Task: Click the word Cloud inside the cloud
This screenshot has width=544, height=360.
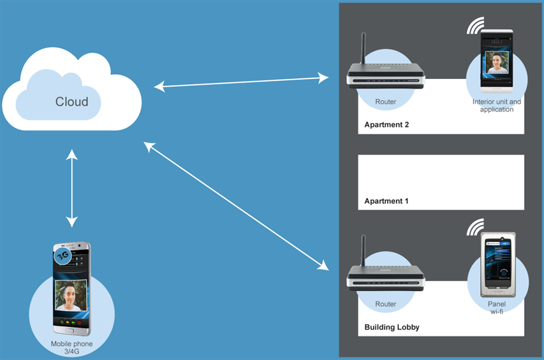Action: [71, 101]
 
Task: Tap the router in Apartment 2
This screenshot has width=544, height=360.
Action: [386, 77]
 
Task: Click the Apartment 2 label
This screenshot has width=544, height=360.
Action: [386, 125]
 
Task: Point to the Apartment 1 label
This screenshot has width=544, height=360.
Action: [386, 201]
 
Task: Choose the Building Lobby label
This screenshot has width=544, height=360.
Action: [392, 328]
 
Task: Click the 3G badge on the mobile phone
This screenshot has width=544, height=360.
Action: [62, 256]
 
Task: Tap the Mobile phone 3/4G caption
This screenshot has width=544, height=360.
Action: [71, 347]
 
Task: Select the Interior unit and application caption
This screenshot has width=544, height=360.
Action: [496, 105]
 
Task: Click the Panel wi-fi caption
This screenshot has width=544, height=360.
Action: [496, 308]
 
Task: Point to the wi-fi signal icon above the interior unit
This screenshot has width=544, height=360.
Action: [474, 25]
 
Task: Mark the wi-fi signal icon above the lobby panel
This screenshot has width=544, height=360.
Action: [475, 227]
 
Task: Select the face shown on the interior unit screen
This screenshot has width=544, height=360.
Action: [496, 62]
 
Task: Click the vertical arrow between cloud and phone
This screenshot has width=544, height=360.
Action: [71, 189]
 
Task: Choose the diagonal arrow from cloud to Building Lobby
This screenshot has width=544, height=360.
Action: [237, 206]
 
